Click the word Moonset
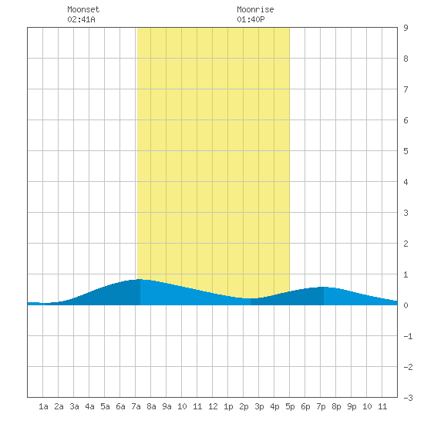83,9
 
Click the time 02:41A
81,19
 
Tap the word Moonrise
255,9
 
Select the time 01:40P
251,19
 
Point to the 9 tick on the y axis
405,28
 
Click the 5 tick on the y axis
405,151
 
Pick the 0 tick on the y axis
405,305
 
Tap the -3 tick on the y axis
408,398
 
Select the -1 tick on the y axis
408,336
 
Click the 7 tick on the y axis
405,89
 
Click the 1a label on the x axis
43,406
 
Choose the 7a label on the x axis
136,406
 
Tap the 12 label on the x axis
213,406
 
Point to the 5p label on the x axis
290,406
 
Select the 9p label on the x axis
352,406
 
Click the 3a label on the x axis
74,406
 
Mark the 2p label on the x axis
244,406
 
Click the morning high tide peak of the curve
140,279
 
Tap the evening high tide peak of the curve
324,287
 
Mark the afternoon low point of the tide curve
251,298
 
